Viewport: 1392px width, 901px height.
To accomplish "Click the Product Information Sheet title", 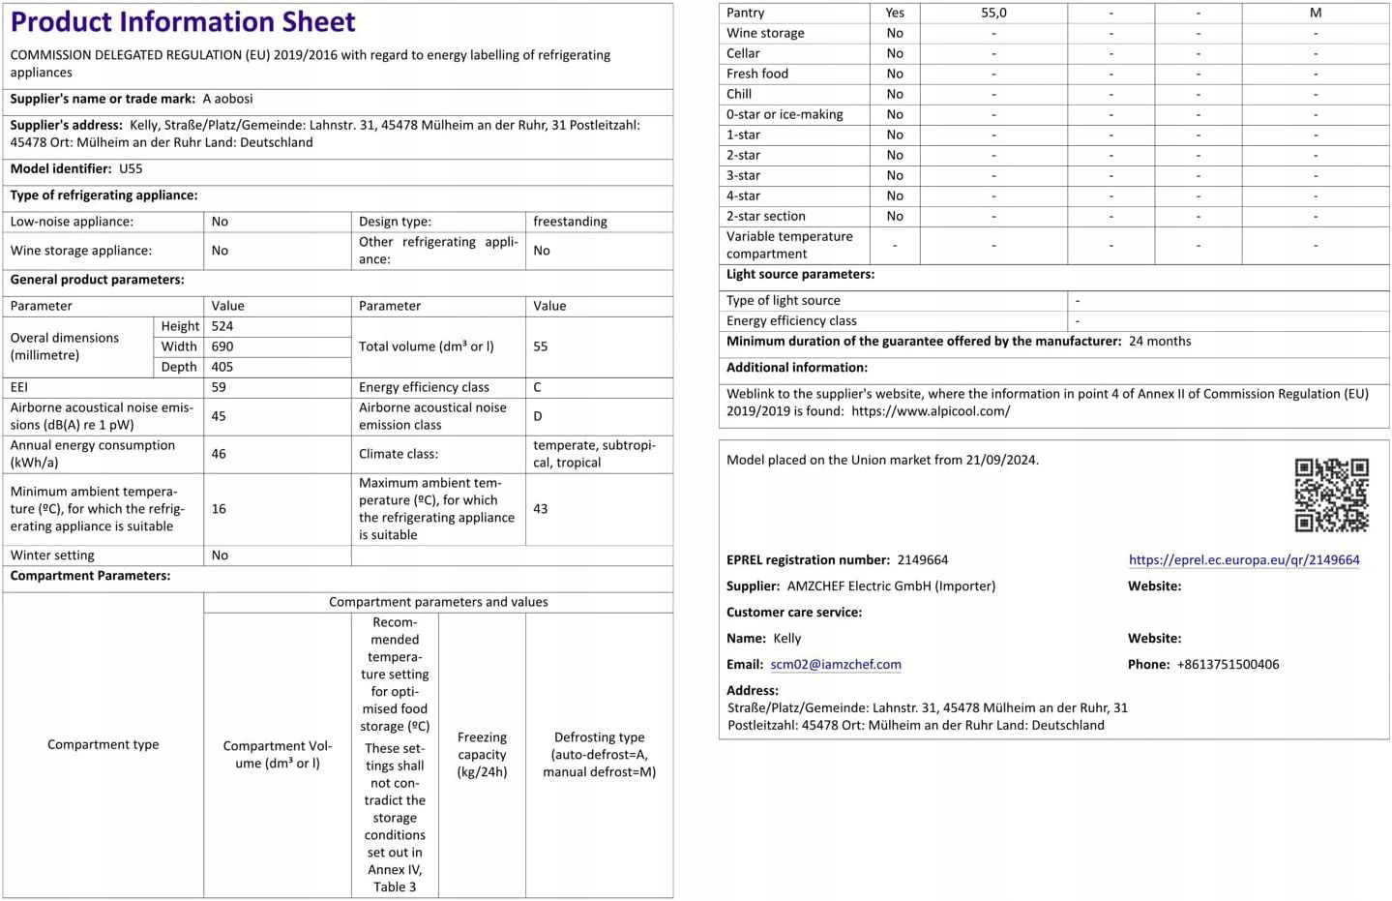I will point(183,21).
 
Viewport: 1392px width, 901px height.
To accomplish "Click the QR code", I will point(1331,495).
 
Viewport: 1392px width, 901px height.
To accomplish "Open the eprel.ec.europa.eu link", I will point(1243,559).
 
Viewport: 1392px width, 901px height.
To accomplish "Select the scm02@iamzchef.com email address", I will point(836,664).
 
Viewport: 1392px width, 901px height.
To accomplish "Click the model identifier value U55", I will point(131,168).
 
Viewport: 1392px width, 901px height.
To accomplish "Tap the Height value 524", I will point(222,326).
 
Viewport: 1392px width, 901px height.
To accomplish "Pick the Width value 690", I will point(222,346).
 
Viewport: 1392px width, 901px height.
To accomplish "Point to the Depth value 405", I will point(222,367).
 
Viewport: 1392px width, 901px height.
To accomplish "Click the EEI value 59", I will point(219,387).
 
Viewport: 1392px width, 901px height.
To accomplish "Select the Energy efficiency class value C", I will point(538,387).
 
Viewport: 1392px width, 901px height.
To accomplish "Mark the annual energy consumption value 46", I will point(219,453).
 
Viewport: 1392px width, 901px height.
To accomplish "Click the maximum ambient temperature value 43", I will point(541,508).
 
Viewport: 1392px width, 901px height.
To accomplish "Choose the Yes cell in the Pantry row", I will point(895,13).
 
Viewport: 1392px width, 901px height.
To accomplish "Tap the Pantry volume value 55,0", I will point(993,13).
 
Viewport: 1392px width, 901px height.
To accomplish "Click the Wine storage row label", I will point(765,33).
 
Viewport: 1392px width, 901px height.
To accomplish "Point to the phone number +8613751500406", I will point(1228,664).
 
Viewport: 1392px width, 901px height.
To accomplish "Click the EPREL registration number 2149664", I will point(922,559).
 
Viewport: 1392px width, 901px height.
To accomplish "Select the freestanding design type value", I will point(570,222).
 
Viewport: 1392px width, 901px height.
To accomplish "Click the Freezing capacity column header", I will point(482,754).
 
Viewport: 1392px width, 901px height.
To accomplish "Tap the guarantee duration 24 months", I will point(1160,341).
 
